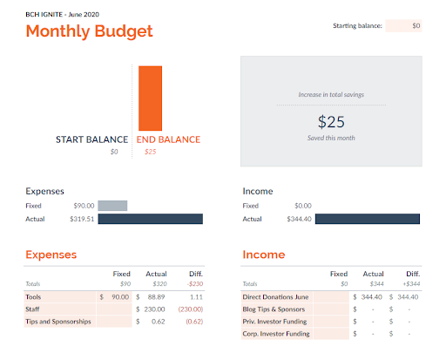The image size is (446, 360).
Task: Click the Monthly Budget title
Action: point(89,31)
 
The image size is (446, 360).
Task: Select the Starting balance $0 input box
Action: point(403,26)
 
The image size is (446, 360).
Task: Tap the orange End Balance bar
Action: point(150,98)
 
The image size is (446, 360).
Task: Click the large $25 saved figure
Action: point(331,121)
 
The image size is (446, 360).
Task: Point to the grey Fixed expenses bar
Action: point(112,206)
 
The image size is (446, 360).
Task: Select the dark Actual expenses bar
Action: point(150,219)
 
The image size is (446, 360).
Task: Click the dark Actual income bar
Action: point(368,219)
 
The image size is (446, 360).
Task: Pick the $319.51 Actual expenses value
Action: point(82,219)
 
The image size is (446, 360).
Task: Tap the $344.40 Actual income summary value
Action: point(299,219)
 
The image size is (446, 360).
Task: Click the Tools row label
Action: point(33,297)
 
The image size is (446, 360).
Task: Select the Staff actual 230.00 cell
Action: point(154,309)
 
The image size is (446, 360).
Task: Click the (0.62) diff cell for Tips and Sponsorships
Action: point(194,322)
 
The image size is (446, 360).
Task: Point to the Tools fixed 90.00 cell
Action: point(120,297)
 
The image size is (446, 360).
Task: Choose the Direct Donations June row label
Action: point(275,297)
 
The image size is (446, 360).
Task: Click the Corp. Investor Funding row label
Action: point(276,334)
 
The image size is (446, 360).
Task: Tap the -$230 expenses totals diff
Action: point(195,284)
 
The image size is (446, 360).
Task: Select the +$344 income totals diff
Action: point(411,284)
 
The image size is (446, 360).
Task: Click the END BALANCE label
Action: point(168,139)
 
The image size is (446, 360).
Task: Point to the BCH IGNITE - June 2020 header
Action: point(63,15)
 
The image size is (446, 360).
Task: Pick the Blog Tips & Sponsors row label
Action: point(274,309)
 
